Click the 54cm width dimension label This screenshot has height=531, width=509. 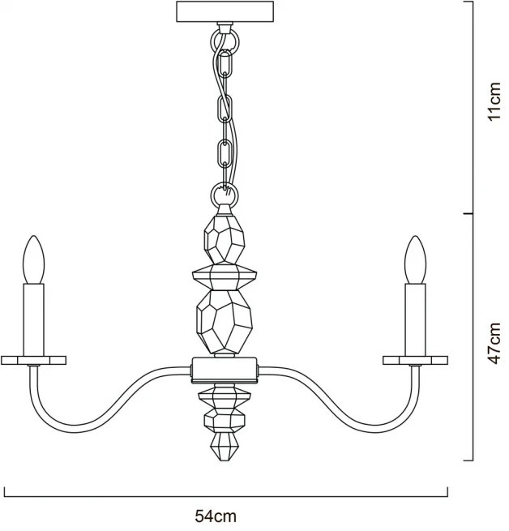point(216,516)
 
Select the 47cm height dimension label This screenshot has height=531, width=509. point(494,343)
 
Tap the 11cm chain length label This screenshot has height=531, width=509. point(494,101)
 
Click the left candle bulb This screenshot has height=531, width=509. point(33,259)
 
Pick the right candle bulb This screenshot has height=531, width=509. point(415,259)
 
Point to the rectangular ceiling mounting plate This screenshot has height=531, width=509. point(225,11)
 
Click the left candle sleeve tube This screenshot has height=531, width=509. point(33,320)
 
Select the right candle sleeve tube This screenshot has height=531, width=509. point(415,320)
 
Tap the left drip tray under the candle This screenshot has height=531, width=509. point(33,360)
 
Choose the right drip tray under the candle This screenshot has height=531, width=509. point(415,360)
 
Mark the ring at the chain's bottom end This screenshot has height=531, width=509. point(225,195)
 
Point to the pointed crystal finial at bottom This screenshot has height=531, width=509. point(224,447)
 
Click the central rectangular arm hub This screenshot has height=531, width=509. point(225,370)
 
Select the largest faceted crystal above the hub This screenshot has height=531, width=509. point(225,322)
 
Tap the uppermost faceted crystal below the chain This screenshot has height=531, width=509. point(225,239)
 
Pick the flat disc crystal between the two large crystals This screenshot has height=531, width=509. point(225,277)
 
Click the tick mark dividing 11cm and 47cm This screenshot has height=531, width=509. point(468,214)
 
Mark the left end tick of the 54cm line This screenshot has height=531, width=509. point(4,492)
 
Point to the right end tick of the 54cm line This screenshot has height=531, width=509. point(447,492)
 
